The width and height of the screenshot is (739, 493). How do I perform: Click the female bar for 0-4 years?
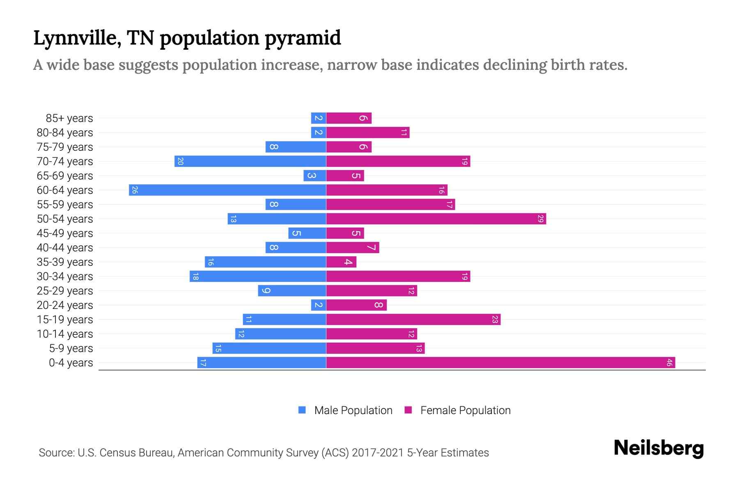click(x=500, y=363)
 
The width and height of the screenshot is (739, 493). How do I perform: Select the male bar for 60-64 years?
click(x=227, y=190)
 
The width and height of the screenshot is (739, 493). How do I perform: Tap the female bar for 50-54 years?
click(x=436, y=219)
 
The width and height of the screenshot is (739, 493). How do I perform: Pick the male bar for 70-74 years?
click(x=250, y=161)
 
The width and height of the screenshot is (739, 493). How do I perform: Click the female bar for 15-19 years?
click(x=413, y=320)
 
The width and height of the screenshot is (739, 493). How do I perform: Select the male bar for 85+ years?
click(x=318, y=118)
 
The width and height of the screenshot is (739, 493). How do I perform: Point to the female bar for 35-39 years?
click(x=341, y=262)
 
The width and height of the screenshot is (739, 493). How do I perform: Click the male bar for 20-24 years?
click(x=318, y=305)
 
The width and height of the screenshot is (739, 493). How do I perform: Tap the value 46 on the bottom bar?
click(x=669, y=363)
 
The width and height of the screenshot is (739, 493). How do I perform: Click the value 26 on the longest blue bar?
click(x=135, y=190)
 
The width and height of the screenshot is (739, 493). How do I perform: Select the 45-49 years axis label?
click(x=65, y=233)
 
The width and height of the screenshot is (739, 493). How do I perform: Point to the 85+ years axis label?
click(x=69, y=118)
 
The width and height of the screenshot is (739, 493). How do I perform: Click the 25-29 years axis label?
click(x=65, y=291)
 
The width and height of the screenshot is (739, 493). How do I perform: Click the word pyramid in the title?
click(x=303, y=38)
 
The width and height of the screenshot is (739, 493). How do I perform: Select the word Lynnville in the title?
click(x=77, y=38)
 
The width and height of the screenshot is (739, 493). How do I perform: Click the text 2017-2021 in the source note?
click(x=378, y=453)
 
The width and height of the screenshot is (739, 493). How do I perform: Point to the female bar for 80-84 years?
click(x=367, y=133)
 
